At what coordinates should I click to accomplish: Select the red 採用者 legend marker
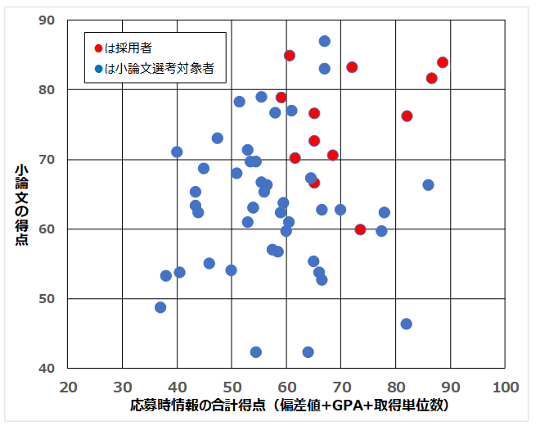(98, 49)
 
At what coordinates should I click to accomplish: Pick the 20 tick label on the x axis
(68, 387)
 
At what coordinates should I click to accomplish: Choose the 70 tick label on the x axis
(341, 387)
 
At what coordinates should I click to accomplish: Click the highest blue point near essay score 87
(325, 41)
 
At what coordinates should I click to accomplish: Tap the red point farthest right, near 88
(443, 62)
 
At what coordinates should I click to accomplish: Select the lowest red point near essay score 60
(360, 229)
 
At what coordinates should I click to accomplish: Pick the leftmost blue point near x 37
(160, 307)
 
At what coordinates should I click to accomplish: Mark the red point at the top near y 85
(290, 55)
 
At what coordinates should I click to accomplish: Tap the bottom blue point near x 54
(256, 352)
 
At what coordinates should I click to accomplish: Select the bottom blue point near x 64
(308, 352)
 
